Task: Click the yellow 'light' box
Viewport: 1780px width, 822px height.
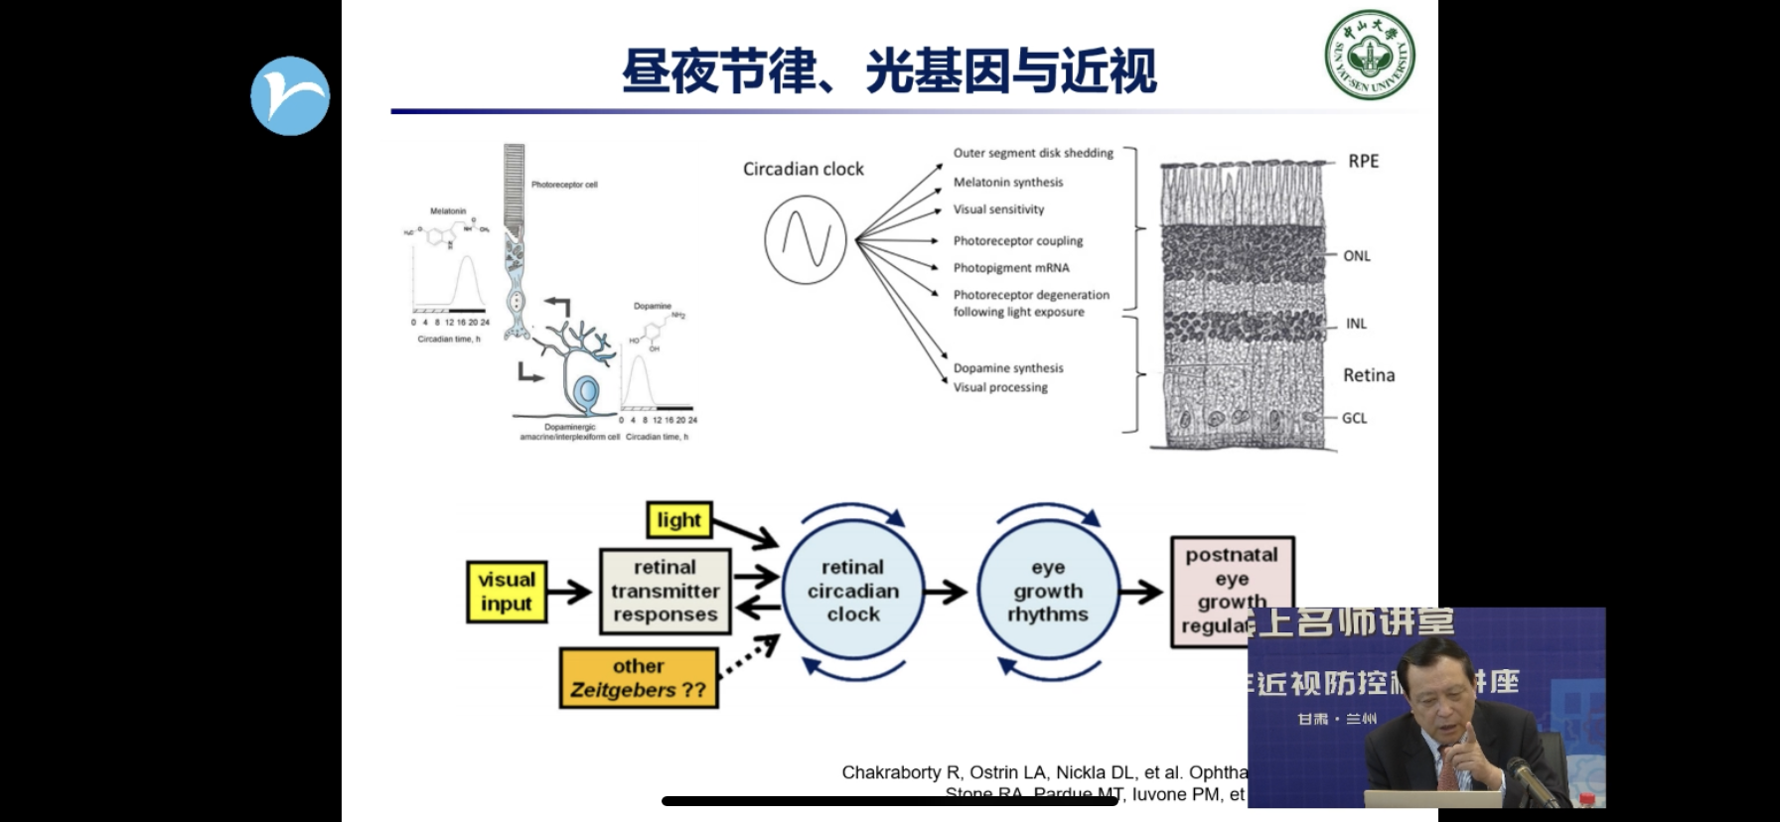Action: (679, 520)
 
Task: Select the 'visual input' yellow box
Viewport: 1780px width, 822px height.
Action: (507, 592)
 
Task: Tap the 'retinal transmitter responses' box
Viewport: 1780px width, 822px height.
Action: (666, 591)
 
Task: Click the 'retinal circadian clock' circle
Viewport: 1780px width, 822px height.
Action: (853, 591)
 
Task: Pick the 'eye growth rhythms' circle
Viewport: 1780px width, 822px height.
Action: (1048, 591)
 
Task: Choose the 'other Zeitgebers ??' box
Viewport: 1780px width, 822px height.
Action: (639, 678)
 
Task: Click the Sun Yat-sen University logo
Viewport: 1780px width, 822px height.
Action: (1370, 56)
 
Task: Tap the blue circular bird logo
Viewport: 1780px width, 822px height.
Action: (290, 95)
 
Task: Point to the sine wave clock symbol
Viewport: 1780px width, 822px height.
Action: (806, 239)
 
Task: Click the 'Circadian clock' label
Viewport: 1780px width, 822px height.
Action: (804, 169)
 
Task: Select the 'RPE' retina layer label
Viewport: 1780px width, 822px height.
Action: (1363, 161)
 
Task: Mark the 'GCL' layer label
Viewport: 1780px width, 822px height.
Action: (1354, 418)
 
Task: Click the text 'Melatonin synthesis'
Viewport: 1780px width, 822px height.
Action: (1008, 182)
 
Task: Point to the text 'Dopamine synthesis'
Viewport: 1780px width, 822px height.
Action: (1008, 367)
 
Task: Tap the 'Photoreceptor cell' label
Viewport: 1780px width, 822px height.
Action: (564, 185)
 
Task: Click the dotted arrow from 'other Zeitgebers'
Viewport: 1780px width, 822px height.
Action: (748, 658)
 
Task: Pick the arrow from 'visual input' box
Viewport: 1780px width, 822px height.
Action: (570, 592)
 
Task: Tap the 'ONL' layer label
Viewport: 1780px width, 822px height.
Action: (1357, 256)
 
